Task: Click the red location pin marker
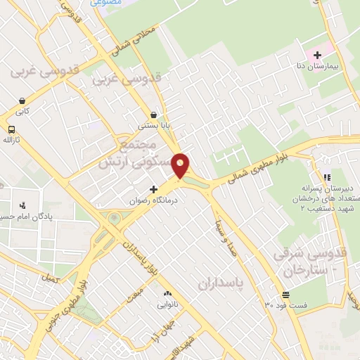point(181,166)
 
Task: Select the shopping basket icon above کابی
point(22,101)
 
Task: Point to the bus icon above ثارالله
point(11,129)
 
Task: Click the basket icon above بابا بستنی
point(153,115)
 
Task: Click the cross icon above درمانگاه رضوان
point(153,189)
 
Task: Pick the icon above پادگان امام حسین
point(24,205)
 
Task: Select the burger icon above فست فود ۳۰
point(285,295)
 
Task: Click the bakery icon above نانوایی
point(167,294)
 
